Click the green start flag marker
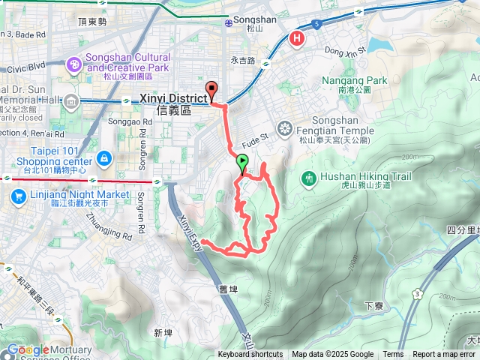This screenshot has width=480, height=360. click(x=242, y=162)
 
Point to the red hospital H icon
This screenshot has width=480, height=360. click(x=298, y=38)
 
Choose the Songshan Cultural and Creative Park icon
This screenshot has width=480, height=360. click(x=74, y=65)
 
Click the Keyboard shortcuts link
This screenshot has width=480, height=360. click(x=250, y=355)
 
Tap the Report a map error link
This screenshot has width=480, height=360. click(x=445, y=355)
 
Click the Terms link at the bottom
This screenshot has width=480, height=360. click(x=393, y=355)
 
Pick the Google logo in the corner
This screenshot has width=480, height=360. click(x=28, y=349)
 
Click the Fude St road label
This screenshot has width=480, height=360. click(x=254, y=142)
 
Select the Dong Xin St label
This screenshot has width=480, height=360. click(x=344, y=51)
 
